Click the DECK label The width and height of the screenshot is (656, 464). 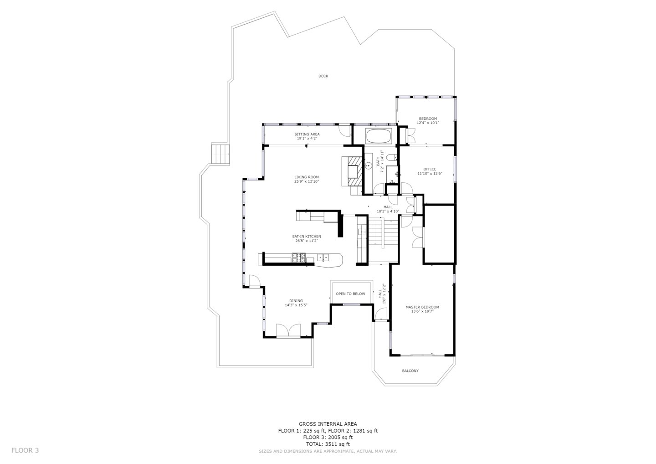[x=323, y=76]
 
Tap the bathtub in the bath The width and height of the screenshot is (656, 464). [x=379, y=136]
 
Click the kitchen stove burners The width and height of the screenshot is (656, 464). [x=299, y=258]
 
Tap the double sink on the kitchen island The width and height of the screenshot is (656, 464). [x=323, y=258]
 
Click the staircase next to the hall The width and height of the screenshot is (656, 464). [x=377, y=232]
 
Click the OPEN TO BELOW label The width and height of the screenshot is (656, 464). [x=350, y=294]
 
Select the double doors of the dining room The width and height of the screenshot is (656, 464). [x=288, y=331]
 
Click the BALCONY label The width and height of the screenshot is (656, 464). [x=410, y=371]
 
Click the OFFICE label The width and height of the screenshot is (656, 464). [x=430, y=169]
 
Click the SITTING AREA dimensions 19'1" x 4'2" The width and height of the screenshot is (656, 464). [x=307, y=138]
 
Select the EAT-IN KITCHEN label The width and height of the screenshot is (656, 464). [x=307, y=237]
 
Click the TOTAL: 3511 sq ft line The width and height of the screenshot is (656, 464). [x=328, y=444]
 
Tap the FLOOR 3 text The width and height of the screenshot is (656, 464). [x=25, y=450]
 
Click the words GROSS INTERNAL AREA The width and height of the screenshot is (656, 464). [x=328, y=424]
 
